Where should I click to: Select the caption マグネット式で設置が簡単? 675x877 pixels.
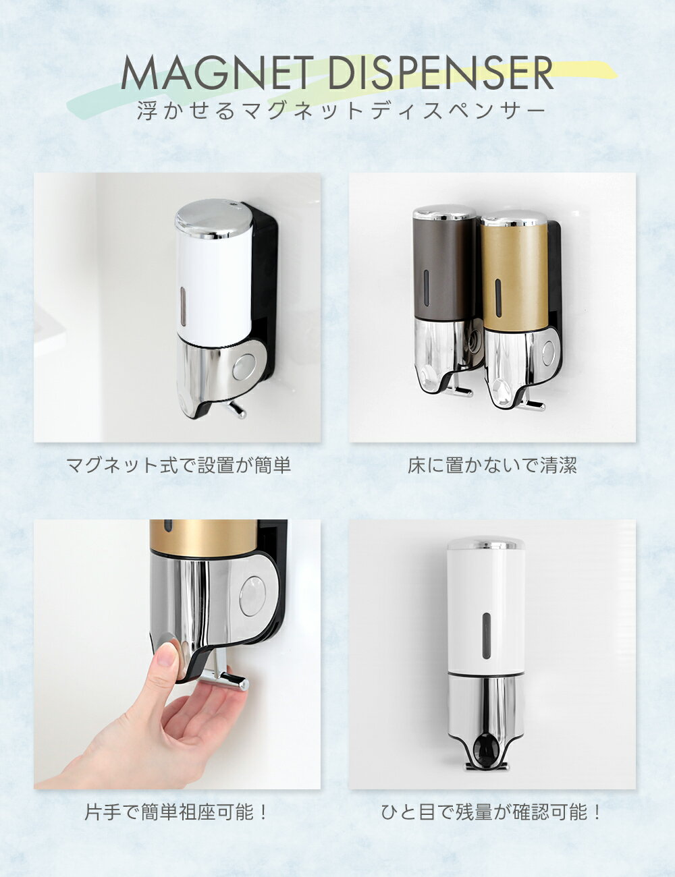click(x=178, y=465)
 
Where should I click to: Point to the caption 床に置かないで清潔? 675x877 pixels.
click(x=492, y=465)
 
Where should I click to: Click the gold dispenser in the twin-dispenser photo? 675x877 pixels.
click(x=515, y=309)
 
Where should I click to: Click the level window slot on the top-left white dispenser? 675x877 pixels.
click(x=183, y=306)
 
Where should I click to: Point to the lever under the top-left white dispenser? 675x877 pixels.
click(x=236, y=410)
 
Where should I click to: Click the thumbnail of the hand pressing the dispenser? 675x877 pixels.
click(x=177, y=654)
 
